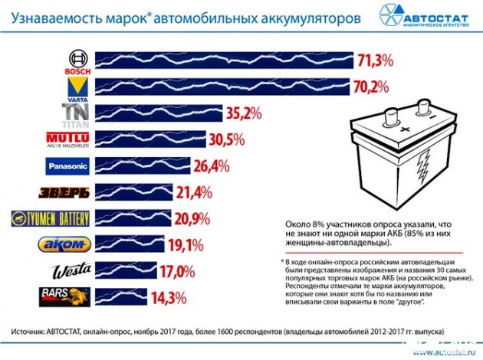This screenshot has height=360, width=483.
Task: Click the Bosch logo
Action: coord(78,61)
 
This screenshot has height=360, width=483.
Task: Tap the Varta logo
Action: coord(78,87)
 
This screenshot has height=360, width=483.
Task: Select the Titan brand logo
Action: coord(77,115)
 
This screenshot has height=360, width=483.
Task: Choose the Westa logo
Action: coord(71,271)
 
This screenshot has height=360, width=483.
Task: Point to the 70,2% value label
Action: coord(373,87)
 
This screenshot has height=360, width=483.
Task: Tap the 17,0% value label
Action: coord(179,271)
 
